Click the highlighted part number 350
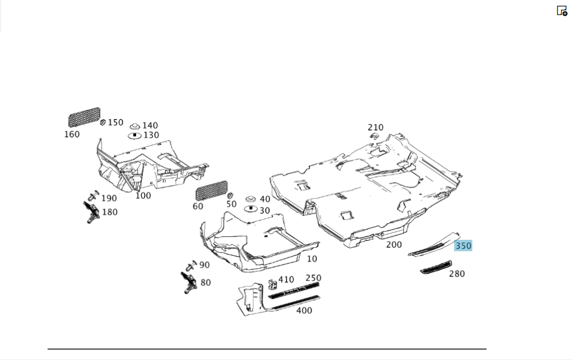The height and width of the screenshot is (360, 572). click(x=463, y=246)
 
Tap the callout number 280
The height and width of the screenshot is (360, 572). click(x=456, y=274)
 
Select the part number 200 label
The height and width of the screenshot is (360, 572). click(x=394, y=244)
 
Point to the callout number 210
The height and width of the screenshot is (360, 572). click(x=375, y=127)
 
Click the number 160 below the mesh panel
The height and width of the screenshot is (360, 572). click(x=72, y=134)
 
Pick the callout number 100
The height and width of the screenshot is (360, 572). click(x=143, y=196)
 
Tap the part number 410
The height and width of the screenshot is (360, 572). click(x=286, y=280)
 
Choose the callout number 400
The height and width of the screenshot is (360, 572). click(x=304, y=311)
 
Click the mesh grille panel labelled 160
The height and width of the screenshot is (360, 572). click(x=84, y=117)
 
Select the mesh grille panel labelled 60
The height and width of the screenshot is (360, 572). click(x=211, y=190)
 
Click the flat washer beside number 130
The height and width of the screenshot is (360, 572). click(x=134, y=136)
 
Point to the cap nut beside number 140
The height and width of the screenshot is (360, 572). click(x=135, y=125)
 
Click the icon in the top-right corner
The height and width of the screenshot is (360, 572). click(x=562, y=10)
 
